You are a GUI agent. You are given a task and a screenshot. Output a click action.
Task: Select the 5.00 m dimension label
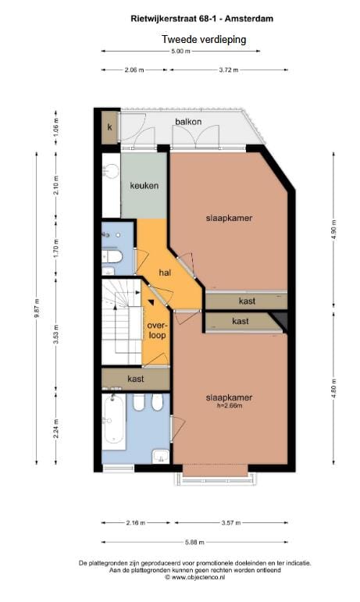(180, 52)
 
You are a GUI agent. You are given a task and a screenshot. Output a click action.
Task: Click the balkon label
(187, 122)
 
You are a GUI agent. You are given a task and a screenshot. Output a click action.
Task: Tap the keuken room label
(144, 186)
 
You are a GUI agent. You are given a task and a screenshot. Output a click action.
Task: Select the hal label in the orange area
(165, 273)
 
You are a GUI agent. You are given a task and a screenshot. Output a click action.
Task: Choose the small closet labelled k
(110, 127)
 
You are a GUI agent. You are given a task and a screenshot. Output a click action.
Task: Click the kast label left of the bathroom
(135, 378)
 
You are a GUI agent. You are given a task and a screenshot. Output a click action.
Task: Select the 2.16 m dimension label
(135, 523)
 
